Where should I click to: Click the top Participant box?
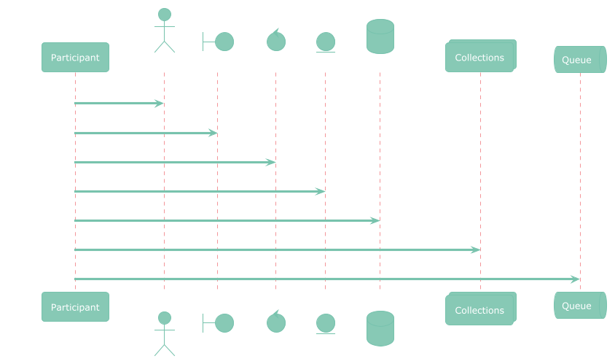click(75, 58)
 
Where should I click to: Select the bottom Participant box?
click(75, 307)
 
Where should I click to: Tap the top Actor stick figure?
click(164, 31)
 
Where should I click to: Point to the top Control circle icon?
click(275, 40)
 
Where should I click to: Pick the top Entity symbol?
click(325, 42)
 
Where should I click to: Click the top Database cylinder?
click(380, 36)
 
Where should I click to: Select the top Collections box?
click(480, 57)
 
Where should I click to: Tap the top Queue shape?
click(580, 60)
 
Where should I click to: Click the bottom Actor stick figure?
click(164, 333)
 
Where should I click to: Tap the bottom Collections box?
click(480, 310)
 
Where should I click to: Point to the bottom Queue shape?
click(580, 306)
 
